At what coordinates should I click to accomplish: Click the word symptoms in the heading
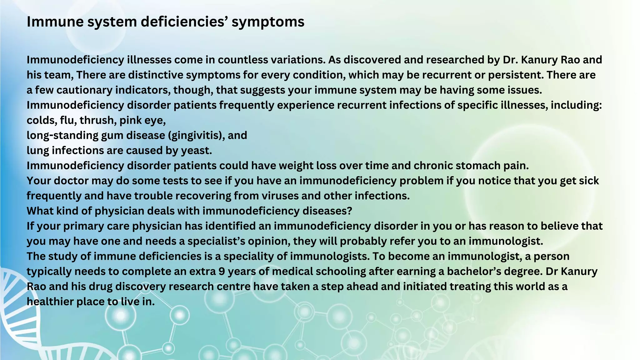tap(268, 22)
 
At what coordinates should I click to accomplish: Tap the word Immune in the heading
tap(51, 22)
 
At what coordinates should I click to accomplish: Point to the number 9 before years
tap(222, 271)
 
